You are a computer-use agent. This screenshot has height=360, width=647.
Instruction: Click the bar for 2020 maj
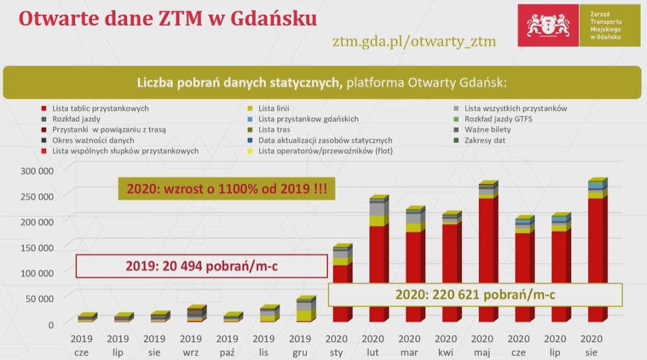coord(488,251)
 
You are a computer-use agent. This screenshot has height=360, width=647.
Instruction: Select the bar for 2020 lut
coord(379,258)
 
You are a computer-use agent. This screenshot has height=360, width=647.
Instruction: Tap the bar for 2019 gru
coord(306,309)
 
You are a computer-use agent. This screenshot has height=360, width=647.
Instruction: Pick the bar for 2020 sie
coord(598,250)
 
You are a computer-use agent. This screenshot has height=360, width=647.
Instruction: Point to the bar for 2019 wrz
coord(197,314)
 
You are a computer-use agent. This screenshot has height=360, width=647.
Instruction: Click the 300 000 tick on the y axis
coord(37,171)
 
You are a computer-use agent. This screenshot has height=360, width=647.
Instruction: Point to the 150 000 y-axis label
coord(37,248)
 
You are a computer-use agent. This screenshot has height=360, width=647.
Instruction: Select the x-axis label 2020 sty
coord(336,346)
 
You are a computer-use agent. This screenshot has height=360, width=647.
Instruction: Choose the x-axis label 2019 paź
coord(227,346)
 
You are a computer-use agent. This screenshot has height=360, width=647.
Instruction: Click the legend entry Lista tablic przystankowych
coord(95,109)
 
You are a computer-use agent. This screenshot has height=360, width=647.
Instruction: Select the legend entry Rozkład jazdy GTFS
coord(493,119)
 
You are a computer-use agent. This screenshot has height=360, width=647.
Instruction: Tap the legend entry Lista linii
coord(269,109)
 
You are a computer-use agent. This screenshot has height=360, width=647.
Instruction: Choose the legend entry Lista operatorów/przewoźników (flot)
coord(320,151)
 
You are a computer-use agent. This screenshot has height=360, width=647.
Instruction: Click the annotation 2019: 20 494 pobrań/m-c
coord(202,266)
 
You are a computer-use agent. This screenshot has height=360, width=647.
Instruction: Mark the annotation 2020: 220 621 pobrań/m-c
coord(476,295)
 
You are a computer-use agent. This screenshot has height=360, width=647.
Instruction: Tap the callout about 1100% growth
coord(226,189)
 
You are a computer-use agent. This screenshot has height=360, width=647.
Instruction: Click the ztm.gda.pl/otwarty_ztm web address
coord(414,41)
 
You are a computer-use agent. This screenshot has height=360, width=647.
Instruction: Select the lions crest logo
coord(549,25)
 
